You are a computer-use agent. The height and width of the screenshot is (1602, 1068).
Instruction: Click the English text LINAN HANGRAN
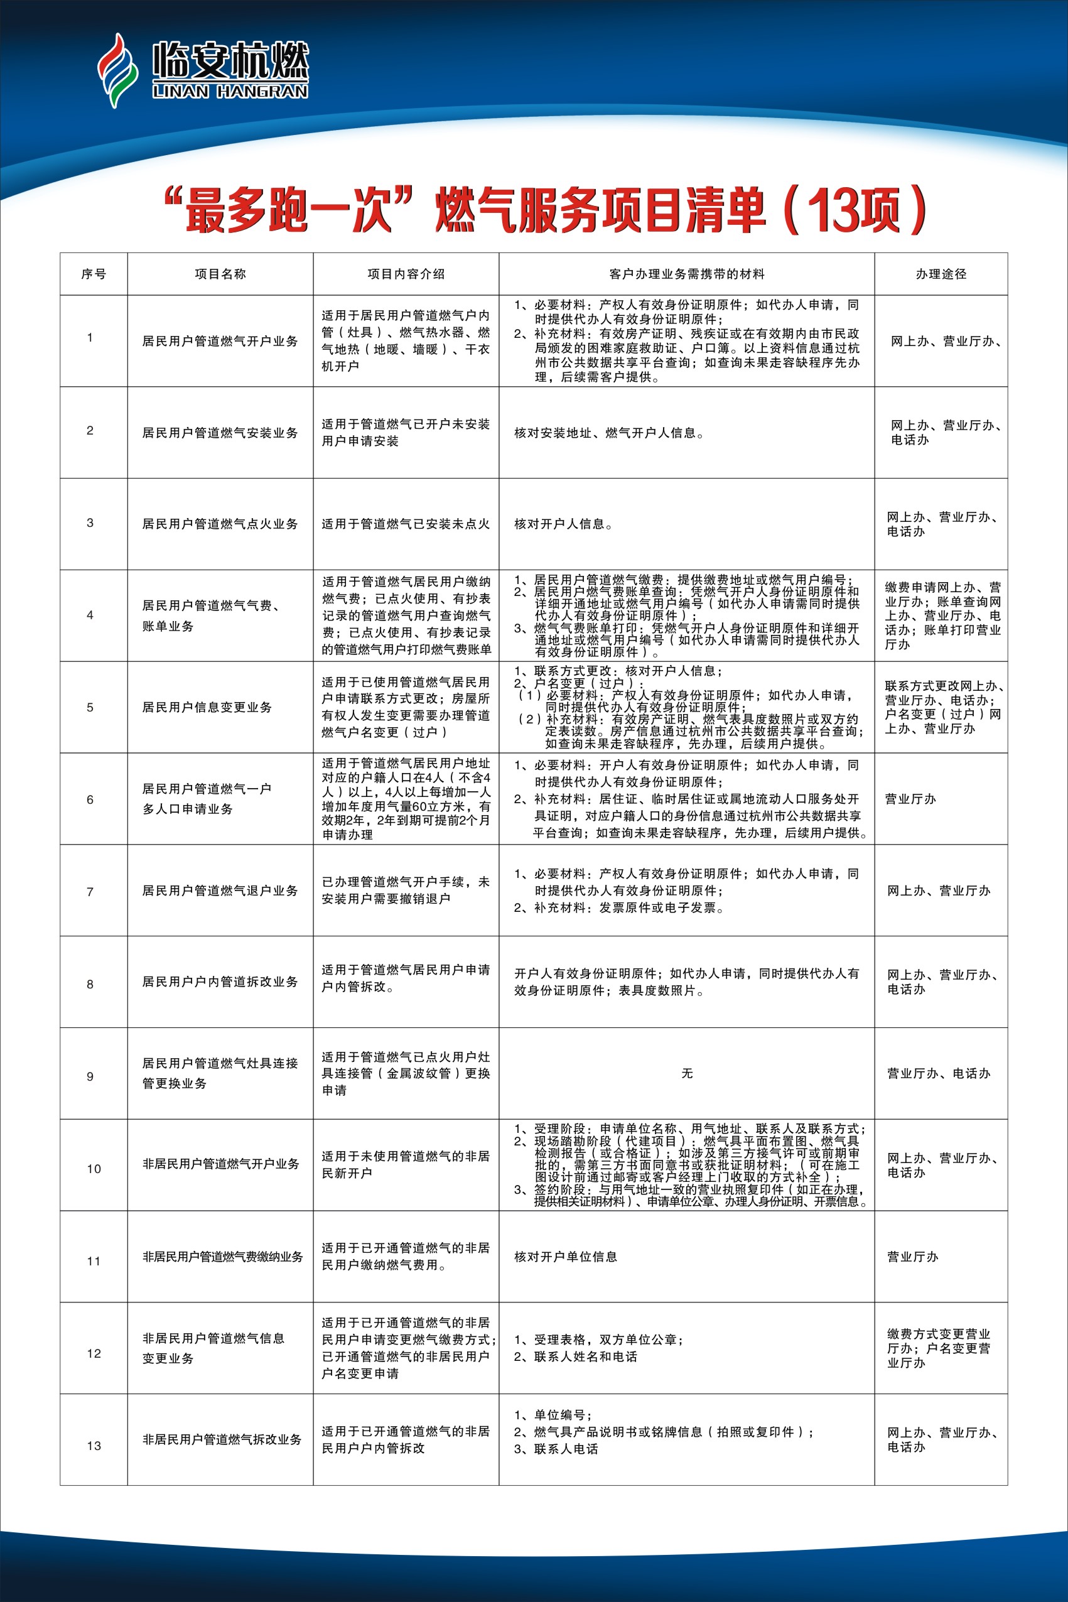tap(230, 91)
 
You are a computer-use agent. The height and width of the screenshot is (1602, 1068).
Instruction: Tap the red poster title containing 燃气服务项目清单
tap(545, 209)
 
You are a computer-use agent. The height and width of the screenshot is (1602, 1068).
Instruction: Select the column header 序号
tap(94, 274)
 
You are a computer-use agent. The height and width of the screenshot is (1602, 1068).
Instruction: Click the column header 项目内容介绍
tap(406, 274)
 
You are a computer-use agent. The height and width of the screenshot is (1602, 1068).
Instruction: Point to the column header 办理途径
tap(941, 274)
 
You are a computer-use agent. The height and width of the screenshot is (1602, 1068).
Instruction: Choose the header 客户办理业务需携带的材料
tap(687, 274)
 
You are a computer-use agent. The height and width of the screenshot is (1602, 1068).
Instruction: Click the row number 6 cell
tap(90, 799)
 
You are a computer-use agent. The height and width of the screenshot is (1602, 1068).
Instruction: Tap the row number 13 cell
tap(94, 1446)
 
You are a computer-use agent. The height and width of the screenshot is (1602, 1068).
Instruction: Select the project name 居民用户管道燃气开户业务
tap(220, 341)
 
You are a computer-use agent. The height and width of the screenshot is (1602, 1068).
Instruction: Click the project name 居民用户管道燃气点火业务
tap(220, 524)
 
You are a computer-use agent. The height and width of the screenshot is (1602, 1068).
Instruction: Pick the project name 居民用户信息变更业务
tap(207, 708)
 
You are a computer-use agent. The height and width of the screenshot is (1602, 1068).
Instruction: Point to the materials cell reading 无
tap(687, 1073)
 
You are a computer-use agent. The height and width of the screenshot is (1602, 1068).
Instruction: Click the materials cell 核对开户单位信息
tap(565, 1257)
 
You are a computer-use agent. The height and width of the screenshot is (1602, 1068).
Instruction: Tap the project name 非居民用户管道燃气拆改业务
tap(222, 1439)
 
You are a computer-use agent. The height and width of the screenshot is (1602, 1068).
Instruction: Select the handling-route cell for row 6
tap(910, 799)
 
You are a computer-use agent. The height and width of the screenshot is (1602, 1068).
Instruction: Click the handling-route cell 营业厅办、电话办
tap(938, 1073)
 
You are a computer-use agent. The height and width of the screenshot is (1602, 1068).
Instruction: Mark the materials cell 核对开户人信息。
tap(563, 524)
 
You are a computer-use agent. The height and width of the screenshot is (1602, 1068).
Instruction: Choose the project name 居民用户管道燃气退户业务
tap(220, 890)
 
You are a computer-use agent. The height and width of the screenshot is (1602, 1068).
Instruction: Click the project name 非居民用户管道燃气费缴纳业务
tap(222, 1257)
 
